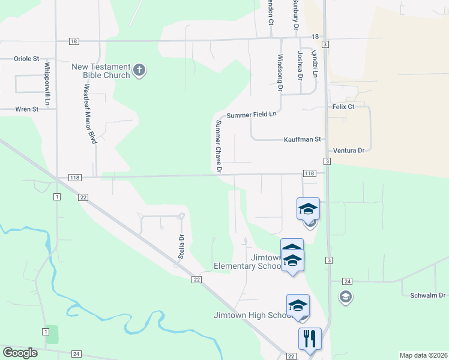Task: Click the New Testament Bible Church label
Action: (101, 71)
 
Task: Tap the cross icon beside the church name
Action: (139, 71)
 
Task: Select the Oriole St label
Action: (26, 59)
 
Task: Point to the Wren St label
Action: (26, 109)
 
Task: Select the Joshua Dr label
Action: (299, 65)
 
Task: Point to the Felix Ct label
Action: (343, 106)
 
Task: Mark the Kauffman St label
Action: (303, 139)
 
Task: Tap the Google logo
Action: (20, 353)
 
